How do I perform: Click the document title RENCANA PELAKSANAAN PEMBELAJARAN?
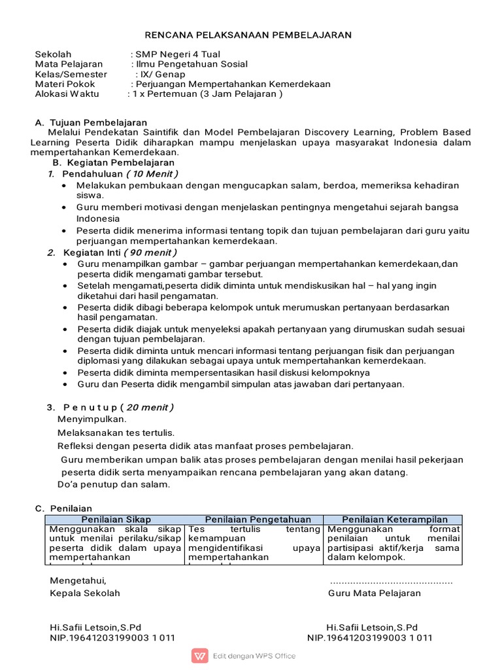click(248, 35)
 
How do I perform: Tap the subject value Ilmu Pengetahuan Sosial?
click(192, 64)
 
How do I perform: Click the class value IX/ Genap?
click(163, 74)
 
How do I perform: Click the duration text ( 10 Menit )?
click(152, 173)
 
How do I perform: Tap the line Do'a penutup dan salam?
click(114, 484)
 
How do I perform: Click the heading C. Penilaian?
click(63, 508)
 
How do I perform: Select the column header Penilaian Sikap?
click(115, 520)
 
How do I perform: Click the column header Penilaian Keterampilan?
click(395, 520)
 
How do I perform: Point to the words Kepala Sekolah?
click(85, 593)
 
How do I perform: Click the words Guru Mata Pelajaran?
click(375, 593)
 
